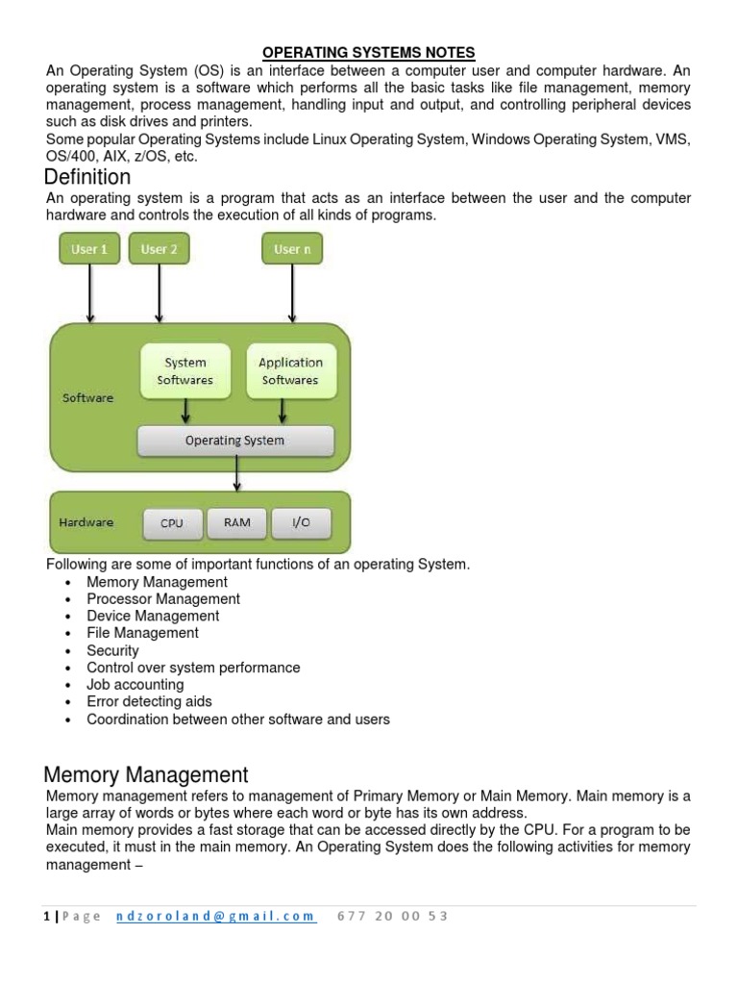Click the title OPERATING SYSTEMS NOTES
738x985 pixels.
[x=369, y=52]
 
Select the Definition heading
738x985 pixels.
[x=88, y=177]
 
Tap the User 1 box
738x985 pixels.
[x=89, y=249]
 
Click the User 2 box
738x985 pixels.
[x=159, y=249]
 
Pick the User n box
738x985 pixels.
[x=292, y=249]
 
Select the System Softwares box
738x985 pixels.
[x=185, y=371]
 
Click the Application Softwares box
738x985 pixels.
[x=290, y=371]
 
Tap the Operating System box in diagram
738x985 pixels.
[x=235, y=441]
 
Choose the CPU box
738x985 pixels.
[x=172, y=523]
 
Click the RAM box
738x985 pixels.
[x=236, y=522]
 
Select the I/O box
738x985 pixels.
[x=301, y=522]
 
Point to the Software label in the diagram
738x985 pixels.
[x=87, y=397]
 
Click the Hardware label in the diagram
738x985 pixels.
[x=86, y=522]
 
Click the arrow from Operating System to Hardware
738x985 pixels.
[x=236, y=473]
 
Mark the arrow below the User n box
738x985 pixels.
[x=292, y=292]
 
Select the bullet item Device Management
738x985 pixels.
[x=153, y=616]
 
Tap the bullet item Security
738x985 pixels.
[x=112, y=650]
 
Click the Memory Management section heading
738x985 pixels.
[x=147, y=775]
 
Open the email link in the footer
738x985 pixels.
[x=215, y=916]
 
